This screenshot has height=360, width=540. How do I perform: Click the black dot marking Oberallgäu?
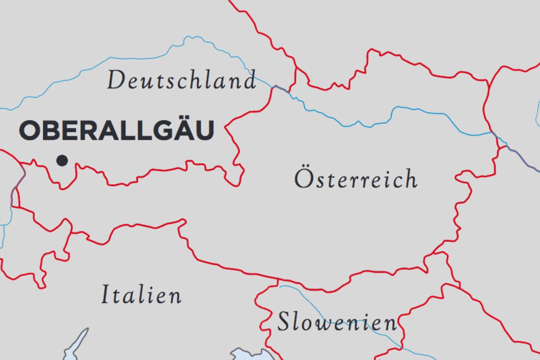(62, 160)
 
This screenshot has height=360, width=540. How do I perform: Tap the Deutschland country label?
(181, 81)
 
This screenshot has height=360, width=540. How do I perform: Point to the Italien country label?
(141, 295)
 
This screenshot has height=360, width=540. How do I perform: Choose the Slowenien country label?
(337, 322)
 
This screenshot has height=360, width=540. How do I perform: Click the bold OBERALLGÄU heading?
(116, 131)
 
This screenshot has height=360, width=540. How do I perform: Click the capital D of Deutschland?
(116, 81)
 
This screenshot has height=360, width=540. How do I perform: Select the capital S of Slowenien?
(283, 322)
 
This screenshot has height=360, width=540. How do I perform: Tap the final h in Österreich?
(410, 179)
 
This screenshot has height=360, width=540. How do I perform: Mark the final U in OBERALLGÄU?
(204, 131)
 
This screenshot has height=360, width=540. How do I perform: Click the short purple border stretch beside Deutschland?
(281, 89)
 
